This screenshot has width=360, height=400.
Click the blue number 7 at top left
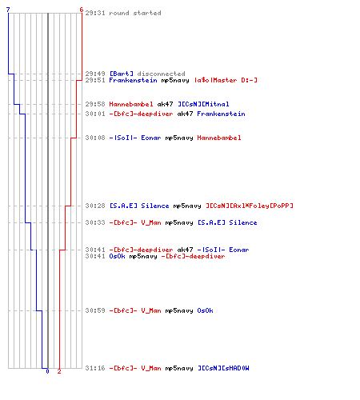pyautogui.click(x=8, y=10)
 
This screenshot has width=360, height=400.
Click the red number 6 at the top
pyautogui.click(x=82, y=10)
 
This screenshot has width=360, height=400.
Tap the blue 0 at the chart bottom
pyautogui.click(x=47, y=371)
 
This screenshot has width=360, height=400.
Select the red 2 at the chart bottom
pyautogui.click(x=59, y=371)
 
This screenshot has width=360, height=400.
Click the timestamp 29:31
pyautogui.click(x=95, y=13)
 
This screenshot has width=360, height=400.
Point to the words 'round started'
pyautogui.click(x=135, y=13)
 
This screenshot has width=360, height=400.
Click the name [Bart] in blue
pyautogui.click(x=122, y=74)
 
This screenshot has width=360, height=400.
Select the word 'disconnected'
pyautogui.click(x=161, y=74)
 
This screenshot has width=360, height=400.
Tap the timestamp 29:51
pyautogui.click(x=95, y=80)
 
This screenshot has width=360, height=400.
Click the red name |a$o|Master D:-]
pyautogui.click(x=226, y=80)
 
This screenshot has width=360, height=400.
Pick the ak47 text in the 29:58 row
pyautogui.click(x=165, y=104)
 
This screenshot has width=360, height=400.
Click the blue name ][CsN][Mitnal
pyautogui.click(x=203, y=104)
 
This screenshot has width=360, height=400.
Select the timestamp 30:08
pyautogui.click(x=95, y=138)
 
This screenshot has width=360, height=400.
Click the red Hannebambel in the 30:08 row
pyautogui.click(x=219, y=138)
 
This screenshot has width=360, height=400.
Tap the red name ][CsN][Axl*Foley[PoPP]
pyautogui.click(x=250, y=206)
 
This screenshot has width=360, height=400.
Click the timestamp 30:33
pyautogui.click(x=95, y=222)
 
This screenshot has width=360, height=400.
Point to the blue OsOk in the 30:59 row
pyautogui.click(x=205, y=310)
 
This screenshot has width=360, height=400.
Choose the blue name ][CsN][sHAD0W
pyautogui.click(x=223, y=368)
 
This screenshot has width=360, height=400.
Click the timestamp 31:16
pyautogui.click(x=95, y=368)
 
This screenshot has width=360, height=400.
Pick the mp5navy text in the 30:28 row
pyautogui.click(x=187, y=206)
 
